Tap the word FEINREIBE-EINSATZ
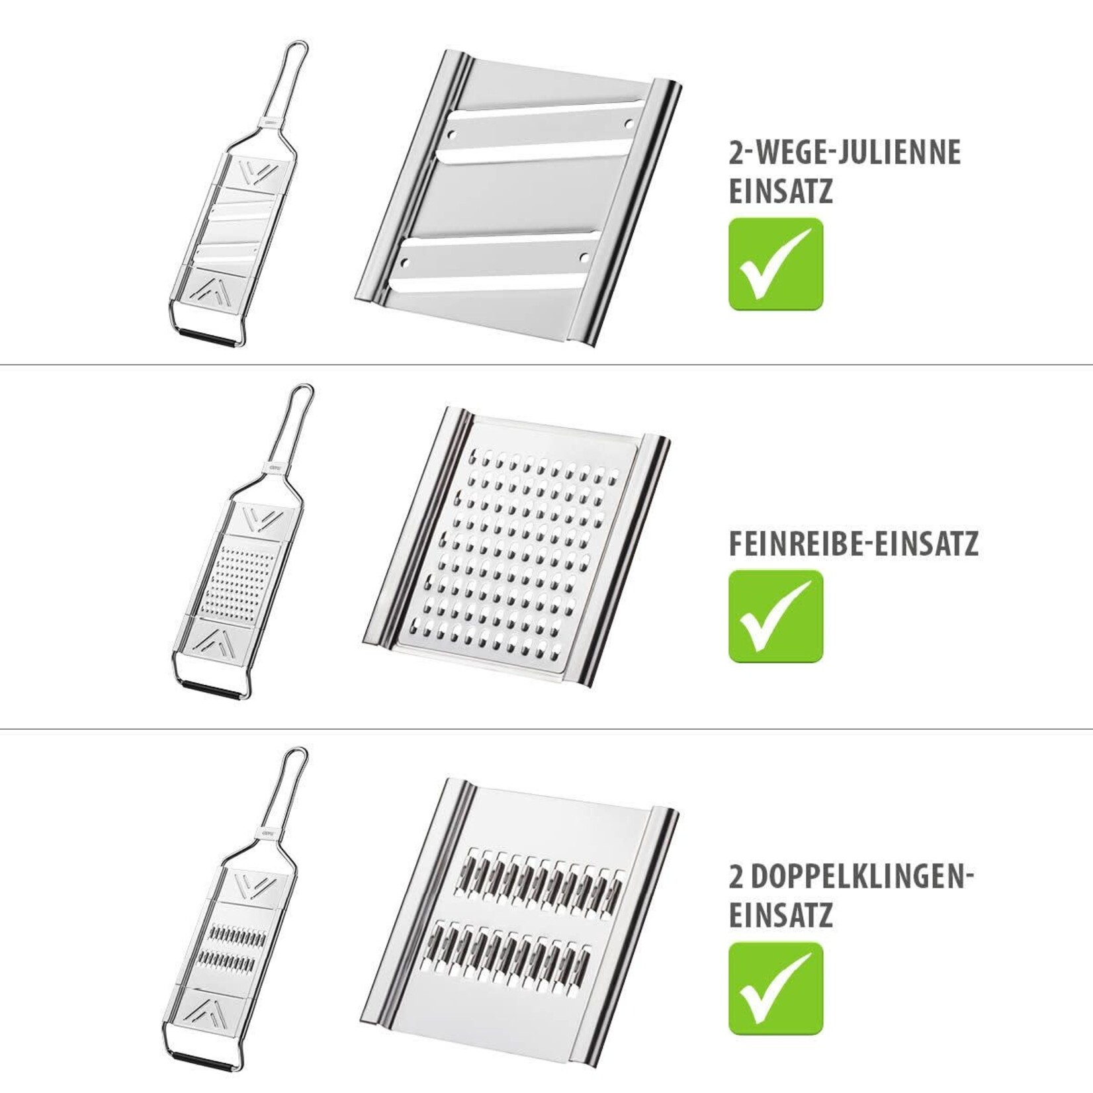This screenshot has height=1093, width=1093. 853,545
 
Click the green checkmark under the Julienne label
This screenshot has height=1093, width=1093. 776,263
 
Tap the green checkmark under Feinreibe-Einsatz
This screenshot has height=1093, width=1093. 776,616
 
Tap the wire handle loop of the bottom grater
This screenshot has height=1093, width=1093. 284,789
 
